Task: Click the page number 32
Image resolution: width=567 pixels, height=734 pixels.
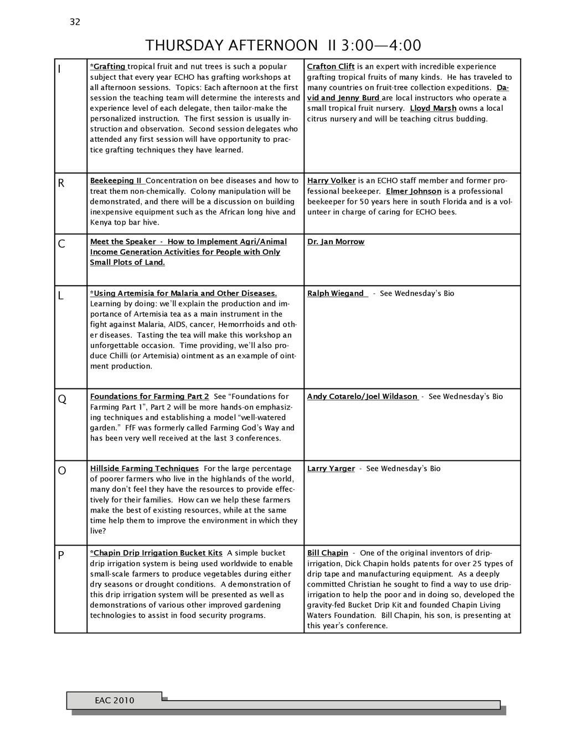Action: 75,22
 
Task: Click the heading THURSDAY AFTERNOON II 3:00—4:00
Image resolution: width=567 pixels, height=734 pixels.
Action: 283,45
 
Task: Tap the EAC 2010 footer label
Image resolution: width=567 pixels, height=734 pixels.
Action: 115,700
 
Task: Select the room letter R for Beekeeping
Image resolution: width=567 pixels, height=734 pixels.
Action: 61,183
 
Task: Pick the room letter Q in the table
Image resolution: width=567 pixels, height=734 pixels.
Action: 62,399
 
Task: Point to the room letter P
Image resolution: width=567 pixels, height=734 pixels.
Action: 61,556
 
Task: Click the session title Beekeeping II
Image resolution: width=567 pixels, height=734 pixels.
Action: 116,181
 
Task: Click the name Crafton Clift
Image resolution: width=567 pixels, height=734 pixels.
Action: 331,66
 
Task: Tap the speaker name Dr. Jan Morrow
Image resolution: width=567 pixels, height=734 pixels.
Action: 336,242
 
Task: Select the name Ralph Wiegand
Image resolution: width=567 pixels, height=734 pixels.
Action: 336,293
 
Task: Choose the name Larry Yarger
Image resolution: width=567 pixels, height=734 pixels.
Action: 331,469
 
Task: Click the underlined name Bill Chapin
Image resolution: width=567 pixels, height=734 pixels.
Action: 327,553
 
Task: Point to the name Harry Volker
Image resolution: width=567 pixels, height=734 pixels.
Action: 331,181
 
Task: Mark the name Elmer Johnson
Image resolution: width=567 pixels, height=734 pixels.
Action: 414,191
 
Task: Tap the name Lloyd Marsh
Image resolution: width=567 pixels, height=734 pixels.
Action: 433,108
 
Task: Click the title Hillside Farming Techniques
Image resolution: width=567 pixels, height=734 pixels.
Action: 144,469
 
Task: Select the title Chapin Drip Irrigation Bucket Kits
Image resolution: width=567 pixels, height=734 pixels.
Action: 157,553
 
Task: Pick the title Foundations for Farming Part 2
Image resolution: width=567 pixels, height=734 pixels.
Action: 150,397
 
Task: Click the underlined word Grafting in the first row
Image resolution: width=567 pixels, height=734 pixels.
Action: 109,66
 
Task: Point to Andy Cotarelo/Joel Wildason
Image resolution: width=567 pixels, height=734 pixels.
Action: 362,397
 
